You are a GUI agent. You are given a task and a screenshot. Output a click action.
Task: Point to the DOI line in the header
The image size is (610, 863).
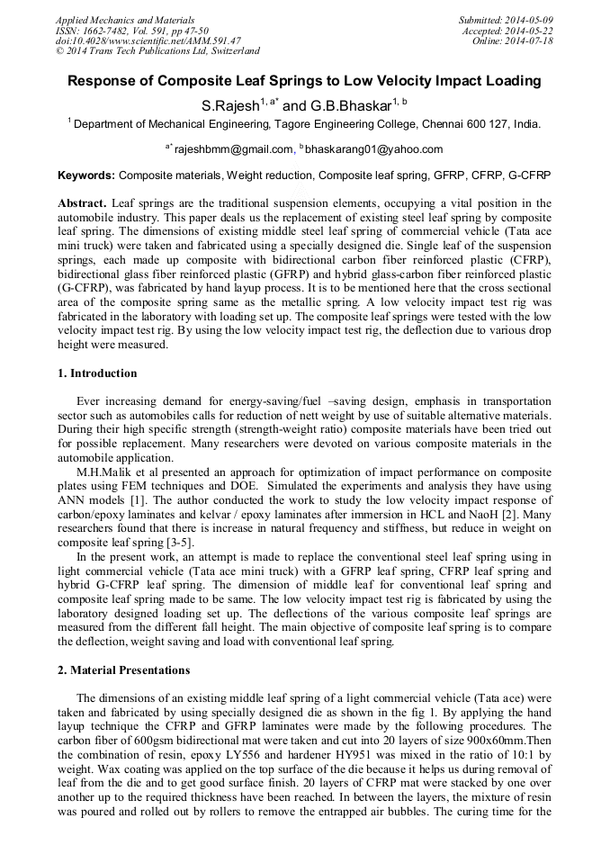(x=148, y=40)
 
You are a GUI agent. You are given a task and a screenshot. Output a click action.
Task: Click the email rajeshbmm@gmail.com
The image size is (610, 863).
(x=234, y=149)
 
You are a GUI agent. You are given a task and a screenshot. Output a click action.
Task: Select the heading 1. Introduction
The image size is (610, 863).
(x=98, y=373)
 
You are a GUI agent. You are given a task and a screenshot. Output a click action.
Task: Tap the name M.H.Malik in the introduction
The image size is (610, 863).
(x=105, y=471)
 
